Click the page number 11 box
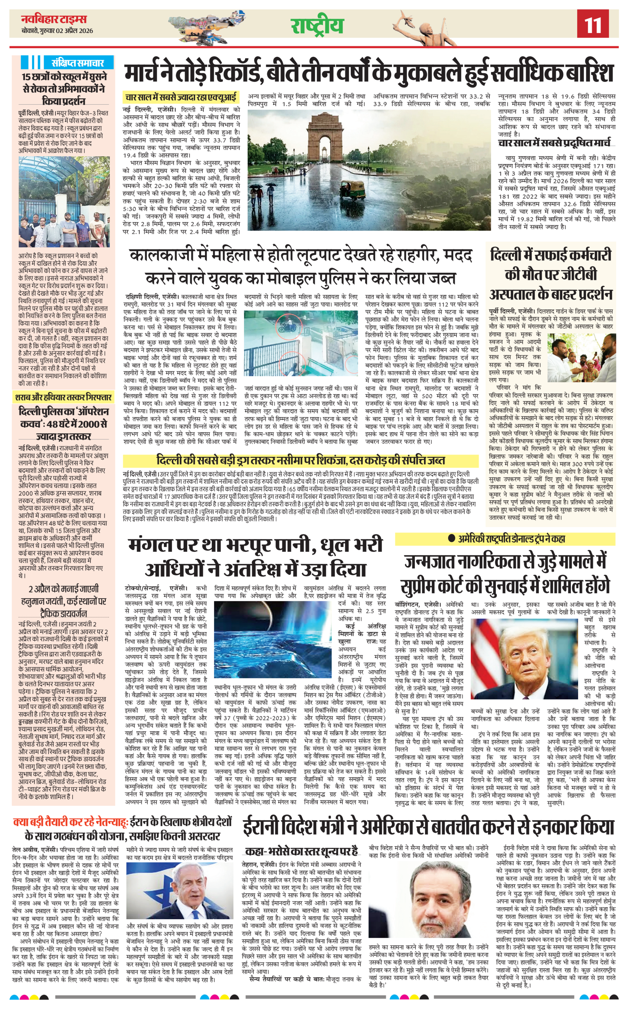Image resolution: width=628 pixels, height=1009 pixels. click(x=593, y=24)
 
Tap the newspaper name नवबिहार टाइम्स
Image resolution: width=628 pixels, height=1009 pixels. click(x=54, y=19)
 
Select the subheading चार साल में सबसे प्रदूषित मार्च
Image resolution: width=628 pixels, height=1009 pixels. click(x=554, y=143)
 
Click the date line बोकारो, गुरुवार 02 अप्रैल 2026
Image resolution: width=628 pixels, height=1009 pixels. click(x=57, y=31)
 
